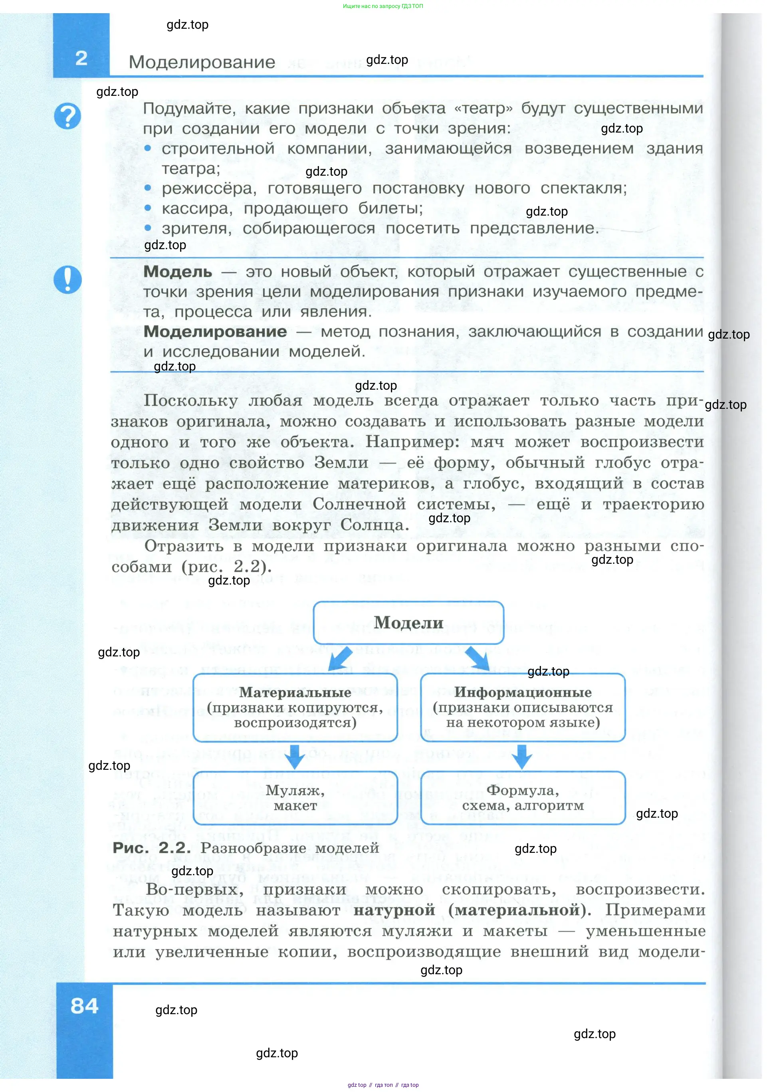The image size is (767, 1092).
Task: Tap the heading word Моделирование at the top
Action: (x=202, y=62)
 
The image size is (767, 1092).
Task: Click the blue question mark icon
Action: (x=67, y=116)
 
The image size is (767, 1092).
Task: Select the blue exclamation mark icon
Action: (x=67, y=279)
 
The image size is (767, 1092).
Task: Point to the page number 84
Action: (x=85, y=1006)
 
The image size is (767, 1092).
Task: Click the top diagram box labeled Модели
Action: (x=408, y=622)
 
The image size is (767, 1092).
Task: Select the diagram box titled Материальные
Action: (x=295, y=707)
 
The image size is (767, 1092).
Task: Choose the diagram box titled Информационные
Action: (x=522, y=707)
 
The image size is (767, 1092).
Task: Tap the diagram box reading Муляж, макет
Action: (x=295, y=798)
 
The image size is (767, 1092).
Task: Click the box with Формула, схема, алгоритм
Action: (x=522, y=798)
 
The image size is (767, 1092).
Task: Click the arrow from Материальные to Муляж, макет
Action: (x=295, y=756)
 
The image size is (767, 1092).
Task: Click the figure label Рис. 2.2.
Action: (x=151, y=848)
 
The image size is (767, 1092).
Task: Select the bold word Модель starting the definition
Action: (x=178, y=272)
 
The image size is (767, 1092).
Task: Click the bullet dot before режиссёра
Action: (x=148, y=188)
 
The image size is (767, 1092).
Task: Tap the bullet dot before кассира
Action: (x=148, y=208)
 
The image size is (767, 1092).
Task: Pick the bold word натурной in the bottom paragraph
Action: (x=394, y=910)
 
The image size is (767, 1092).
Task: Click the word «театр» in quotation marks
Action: (x=483, y=109)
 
